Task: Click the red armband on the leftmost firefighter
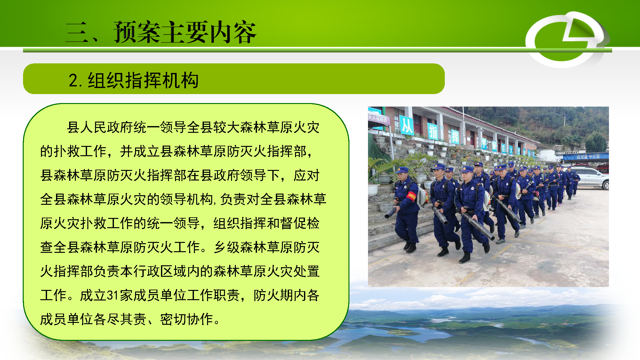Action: [411, 196]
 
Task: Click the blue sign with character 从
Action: [407, 125]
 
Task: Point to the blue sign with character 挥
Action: [455, 137]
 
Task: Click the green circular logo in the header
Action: [566, 39]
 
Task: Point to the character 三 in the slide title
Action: [77, 32]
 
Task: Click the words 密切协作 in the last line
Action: [187, 319]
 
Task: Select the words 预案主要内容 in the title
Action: [185, 32]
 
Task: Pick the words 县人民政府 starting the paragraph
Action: [100, 127]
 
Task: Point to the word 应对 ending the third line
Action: [307, 175]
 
